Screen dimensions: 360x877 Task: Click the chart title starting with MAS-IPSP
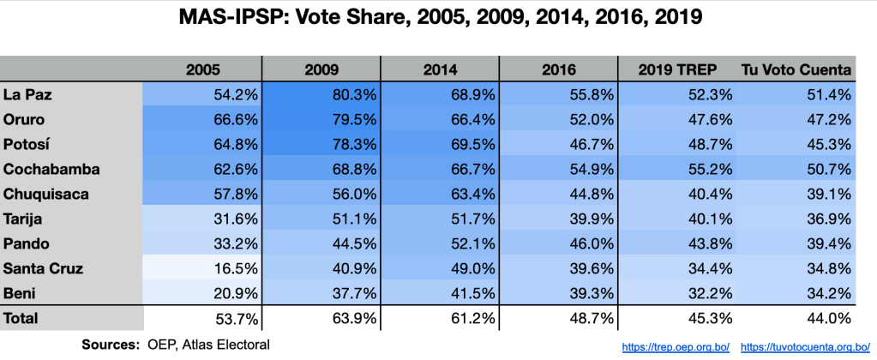[x=438, y=16]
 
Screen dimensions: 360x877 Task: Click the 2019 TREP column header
[x=680, y=69]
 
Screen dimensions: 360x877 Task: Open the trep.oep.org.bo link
[x=676, y=346]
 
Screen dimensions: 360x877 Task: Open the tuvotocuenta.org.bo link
[x=799, y=346]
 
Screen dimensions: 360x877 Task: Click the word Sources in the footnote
[x=110, y=345]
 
